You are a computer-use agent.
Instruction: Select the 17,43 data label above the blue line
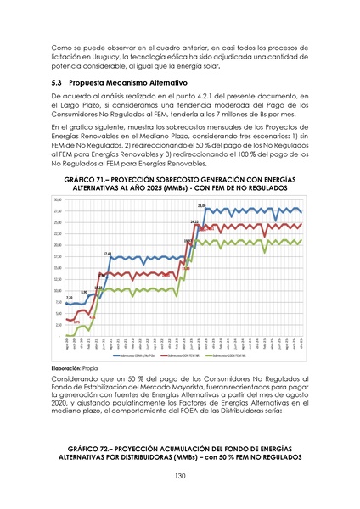108,253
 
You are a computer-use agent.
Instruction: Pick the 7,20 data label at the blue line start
69,298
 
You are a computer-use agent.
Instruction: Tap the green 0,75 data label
76,322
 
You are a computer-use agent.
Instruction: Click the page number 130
179,475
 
